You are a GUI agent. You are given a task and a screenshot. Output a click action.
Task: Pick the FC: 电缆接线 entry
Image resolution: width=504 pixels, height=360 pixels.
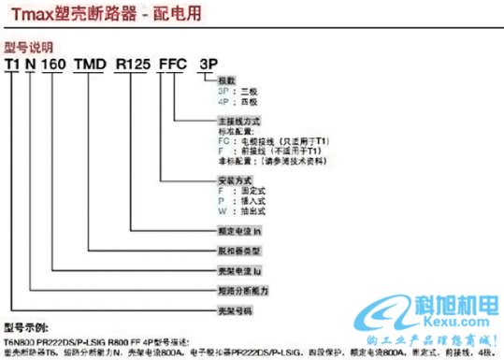(x=252, y=140)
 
